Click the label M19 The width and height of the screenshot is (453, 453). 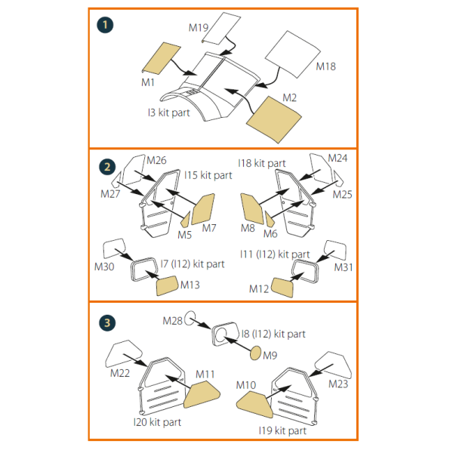(x=199, y=27)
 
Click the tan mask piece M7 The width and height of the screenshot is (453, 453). (x=204, y=209)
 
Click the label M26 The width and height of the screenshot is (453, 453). (x=157, y=160)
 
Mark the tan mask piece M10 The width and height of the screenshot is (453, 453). (x=254, y=405)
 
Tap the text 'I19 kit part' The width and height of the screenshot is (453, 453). (x=283, y=430)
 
